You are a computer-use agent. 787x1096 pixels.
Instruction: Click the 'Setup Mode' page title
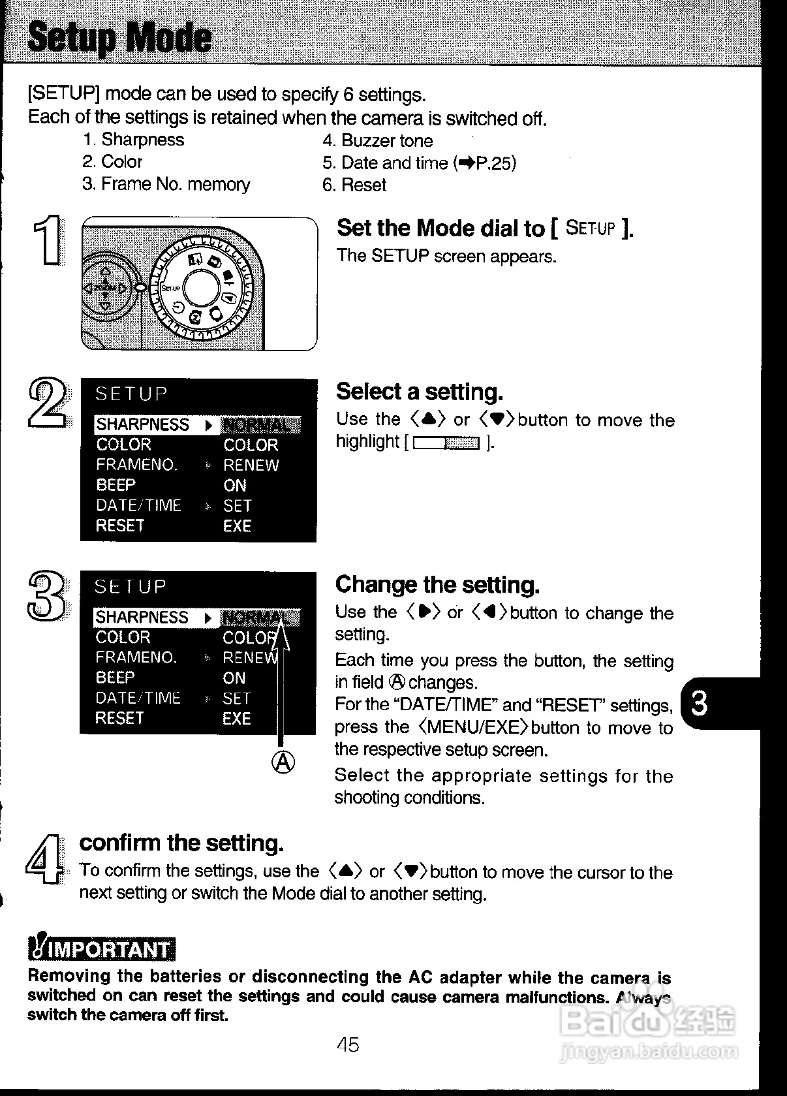120,38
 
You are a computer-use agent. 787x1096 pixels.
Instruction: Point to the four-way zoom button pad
104,287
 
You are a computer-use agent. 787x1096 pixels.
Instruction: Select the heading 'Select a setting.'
420,392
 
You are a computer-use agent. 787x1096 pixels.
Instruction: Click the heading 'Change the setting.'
437,585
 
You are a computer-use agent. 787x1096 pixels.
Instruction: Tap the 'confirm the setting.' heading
181,843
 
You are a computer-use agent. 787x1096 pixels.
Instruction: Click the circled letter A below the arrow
282,762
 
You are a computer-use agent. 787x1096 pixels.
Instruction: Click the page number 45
348,1045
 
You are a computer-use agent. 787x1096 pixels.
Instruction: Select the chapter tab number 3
698,704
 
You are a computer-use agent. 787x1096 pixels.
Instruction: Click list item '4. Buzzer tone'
377,141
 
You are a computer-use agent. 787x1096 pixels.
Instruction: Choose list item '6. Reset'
354,185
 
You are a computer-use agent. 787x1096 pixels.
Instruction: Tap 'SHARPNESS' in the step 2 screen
142,425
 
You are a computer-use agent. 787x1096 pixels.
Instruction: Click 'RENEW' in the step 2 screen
251,465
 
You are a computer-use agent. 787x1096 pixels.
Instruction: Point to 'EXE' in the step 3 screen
236,719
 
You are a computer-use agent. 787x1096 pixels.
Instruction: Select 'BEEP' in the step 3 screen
115,678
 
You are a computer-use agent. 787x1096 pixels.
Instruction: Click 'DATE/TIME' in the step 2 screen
138,506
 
